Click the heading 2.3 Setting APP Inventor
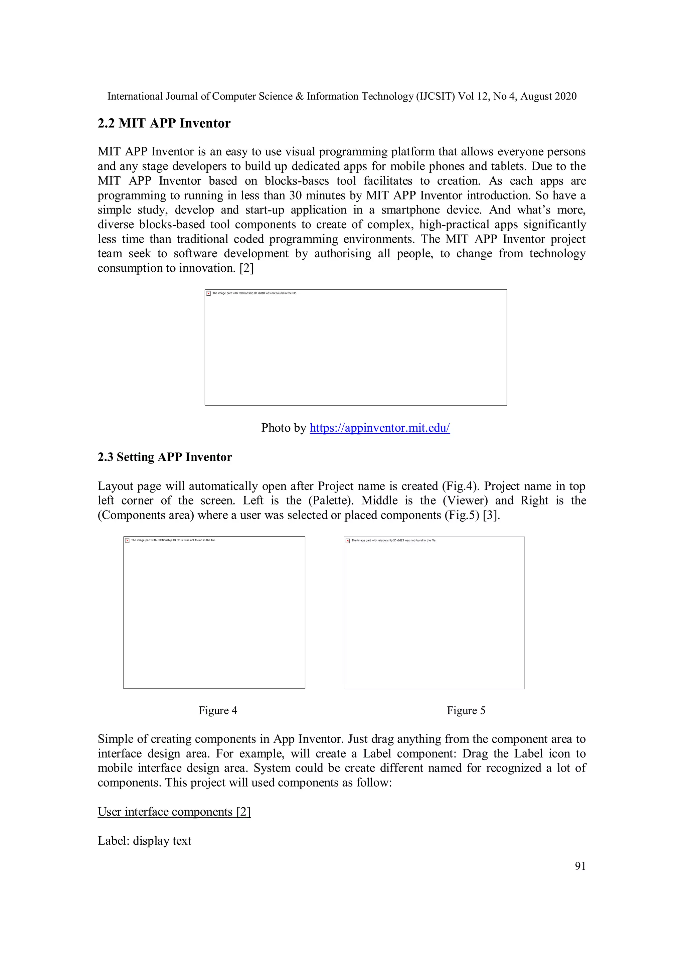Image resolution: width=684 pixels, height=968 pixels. point(165,457)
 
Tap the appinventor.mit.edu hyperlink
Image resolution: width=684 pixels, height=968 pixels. point(380,428)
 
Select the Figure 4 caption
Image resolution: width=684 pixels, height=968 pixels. point(218,710)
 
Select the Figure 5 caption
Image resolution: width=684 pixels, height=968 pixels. point(466,710)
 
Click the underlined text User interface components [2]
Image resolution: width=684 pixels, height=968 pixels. point(174,812)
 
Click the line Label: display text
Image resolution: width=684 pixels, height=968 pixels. point(145,841)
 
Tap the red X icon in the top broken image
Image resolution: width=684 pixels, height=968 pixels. point(209,293)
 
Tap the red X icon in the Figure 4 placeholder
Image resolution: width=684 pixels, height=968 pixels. point(127,541)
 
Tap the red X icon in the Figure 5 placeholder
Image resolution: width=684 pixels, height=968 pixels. point(348,541)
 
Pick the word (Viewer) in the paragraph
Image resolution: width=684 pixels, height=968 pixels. point(465,501)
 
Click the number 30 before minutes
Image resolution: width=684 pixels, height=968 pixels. point(296,195)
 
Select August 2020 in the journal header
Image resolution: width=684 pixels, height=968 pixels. point(548,97)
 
